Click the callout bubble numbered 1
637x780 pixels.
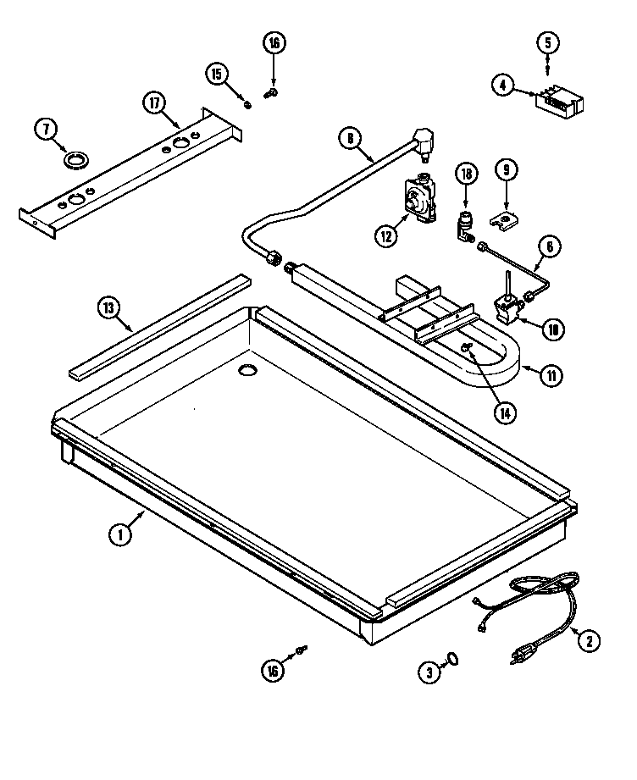(121, 534)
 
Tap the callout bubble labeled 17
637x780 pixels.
(153, 102)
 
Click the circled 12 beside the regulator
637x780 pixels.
(386, 236)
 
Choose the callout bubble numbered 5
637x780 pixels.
(546, 41)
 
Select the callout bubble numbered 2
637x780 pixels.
(588, 640)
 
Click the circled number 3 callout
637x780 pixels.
(429, 672)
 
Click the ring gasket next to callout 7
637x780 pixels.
(79, 158)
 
